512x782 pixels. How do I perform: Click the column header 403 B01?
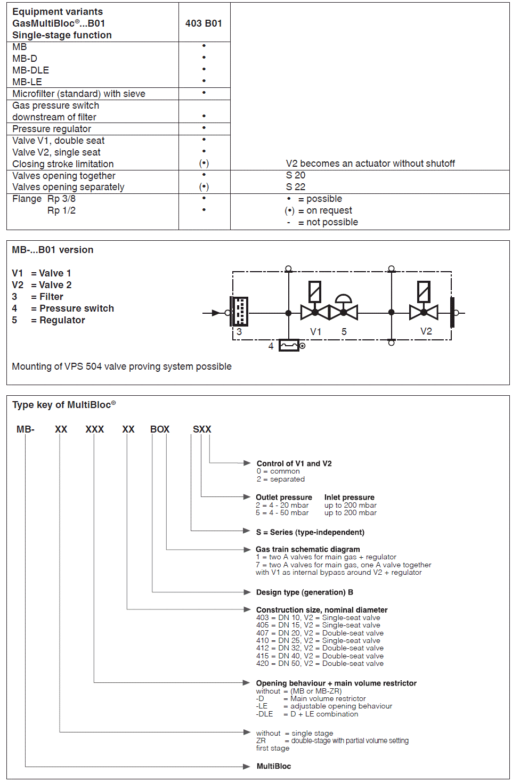(204, 23)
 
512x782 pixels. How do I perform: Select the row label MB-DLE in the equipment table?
(31, 70)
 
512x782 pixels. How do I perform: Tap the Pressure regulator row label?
(52, 129)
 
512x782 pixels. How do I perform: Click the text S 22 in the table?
(296, 187)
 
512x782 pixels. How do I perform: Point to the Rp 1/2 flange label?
(61, 210)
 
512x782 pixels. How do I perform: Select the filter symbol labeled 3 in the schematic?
(240, 312)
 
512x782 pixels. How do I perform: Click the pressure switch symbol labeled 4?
(289, 346)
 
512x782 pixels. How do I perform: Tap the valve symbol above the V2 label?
(424, 312)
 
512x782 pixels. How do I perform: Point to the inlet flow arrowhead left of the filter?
(216, 313)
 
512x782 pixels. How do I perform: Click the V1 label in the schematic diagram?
(316, 332)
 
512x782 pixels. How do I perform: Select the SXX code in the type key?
(202, 429)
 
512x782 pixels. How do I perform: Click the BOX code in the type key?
(160, 429)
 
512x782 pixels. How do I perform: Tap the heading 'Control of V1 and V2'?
(294, 463)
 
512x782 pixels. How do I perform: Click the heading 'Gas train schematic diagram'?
(307, 549)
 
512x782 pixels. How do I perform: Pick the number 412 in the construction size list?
(263, 648)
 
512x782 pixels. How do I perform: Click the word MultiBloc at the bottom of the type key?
(274, 766)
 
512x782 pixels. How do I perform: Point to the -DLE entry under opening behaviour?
(265, 714)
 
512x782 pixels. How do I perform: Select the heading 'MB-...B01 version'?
(53, 250)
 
